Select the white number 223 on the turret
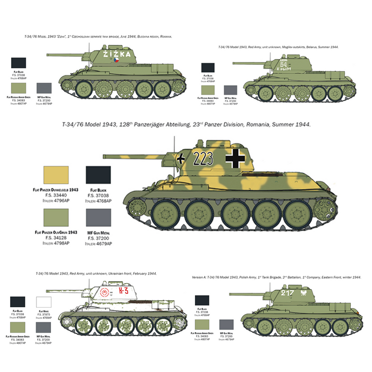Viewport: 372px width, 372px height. tap(204, 157)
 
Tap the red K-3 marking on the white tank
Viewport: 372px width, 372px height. tap(123, 291)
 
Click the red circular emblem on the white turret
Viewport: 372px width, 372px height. tap(104, 293)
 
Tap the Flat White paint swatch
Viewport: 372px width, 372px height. tap(44, 302)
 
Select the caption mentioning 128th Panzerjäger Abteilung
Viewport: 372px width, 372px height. tap(186, 124)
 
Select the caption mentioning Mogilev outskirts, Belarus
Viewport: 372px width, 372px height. tap(278, 47)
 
